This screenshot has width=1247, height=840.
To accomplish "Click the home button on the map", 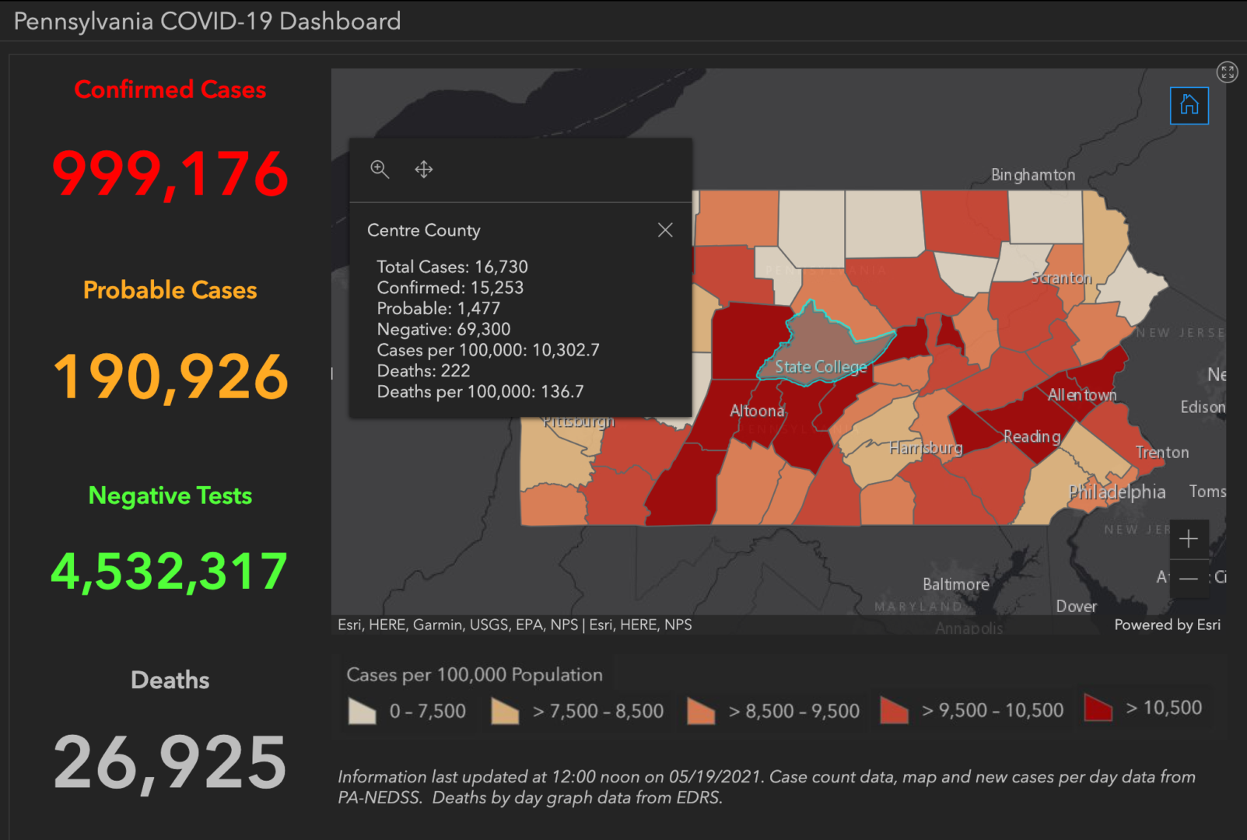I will (x=1189, y=105).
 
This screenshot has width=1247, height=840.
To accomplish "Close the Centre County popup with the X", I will (x=665, y=230).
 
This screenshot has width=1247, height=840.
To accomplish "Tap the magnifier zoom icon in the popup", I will (x=380, y=170).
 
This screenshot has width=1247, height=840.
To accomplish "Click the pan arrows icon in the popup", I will (x=424, y=170).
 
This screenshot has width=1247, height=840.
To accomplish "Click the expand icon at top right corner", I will (x=1227, y=72).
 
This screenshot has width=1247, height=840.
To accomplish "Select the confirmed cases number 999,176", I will (x=170, y=173).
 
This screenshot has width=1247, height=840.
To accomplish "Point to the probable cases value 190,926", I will (x=170, y=377).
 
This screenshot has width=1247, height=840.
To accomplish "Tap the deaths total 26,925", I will (x=170, y=763).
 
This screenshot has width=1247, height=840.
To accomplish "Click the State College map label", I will (x=820, y=367).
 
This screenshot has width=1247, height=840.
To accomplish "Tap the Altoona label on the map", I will (x=757, y=411).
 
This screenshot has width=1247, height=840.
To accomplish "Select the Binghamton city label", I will (x=1032, y=175).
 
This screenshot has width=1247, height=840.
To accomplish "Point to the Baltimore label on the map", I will (x=955, y=584).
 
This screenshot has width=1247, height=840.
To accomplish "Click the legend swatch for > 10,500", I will (x=1098, y=708).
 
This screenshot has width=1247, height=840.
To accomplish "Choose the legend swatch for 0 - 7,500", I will (x=363, y=711).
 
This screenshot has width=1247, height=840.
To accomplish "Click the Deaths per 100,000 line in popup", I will (x=480, y=392).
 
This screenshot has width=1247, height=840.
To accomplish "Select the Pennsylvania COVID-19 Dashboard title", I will (x=207, y=21).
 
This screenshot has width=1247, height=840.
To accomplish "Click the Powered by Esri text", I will (x=1167, y=625).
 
